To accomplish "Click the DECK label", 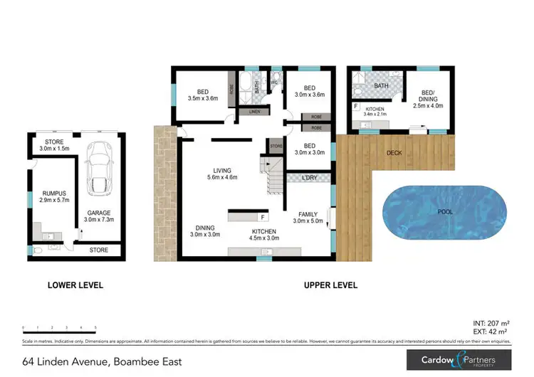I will (396, 152).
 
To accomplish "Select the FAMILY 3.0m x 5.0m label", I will (309, 218).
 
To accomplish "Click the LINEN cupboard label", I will (253, 112).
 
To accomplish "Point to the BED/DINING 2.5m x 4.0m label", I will (428, 98).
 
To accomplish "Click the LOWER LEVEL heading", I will (75, 285).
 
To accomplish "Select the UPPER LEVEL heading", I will (330, 285).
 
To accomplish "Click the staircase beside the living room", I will (276, 178).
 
